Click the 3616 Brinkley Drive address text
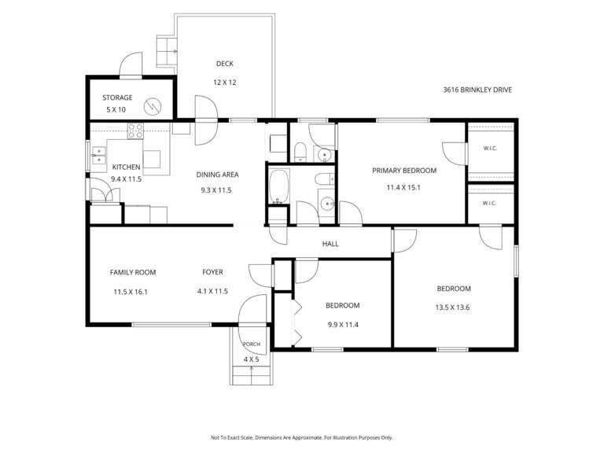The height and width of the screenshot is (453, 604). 477,90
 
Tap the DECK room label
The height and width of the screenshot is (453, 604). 225,64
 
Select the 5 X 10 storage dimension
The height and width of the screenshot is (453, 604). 116,109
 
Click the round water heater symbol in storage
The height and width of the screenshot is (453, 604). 153,106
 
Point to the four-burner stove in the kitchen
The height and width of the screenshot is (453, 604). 135,131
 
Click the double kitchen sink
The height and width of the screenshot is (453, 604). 98,155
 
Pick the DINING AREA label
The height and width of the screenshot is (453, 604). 217,175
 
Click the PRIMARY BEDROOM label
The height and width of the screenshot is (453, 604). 404,170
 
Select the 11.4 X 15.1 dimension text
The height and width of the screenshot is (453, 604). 403,188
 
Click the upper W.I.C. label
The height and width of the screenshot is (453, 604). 490,149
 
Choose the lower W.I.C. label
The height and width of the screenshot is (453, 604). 489,203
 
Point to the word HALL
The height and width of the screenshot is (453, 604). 330,244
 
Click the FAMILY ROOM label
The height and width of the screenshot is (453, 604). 133,272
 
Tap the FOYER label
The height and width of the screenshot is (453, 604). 212,272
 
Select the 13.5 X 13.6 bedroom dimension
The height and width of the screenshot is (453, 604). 452,308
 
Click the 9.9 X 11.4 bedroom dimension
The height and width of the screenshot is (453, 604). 343,325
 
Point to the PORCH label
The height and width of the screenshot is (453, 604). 251,344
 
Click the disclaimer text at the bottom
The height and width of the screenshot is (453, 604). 302,437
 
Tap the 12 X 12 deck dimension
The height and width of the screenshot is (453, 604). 225,82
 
